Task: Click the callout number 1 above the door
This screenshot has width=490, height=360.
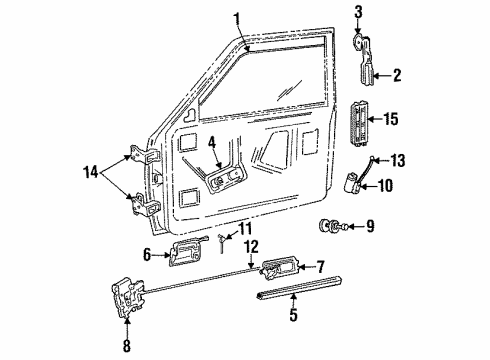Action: pyautogui.click(x=237, y=18)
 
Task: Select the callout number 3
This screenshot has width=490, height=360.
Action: pyautogui.click(x=358, y=12)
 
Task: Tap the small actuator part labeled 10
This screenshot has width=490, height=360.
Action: pyautogui.click(x=352, y=182)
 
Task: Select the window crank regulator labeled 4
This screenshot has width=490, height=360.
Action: pyautogui.click(x=225, y=181)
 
